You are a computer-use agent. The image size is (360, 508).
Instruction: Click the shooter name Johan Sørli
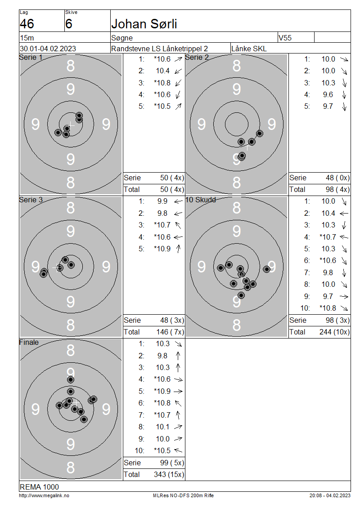(x=144, y=24)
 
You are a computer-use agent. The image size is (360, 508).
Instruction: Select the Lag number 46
(x=27, y=24)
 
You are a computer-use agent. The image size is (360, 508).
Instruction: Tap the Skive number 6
(x=69, y=24)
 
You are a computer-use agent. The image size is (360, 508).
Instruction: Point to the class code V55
(x=285, y=38)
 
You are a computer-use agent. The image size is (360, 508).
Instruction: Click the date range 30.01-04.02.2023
(x=48, y=49)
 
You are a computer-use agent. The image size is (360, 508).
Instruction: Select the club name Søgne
(x=122, y=38)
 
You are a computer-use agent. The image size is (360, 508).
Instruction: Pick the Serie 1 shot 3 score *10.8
(x=162, y=83)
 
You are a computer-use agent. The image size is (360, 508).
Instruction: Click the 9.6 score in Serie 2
(x=328, y=94)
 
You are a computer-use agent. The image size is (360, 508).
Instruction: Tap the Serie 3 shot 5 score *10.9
(x=162, y=249)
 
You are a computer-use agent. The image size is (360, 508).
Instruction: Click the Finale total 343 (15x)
(x=169, y=475)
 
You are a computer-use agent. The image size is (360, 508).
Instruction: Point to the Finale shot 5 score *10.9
(x=162, y=392)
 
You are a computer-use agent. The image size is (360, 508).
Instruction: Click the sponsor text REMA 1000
(x=39, y=487)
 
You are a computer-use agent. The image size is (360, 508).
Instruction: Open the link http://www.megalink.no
(x=44, y=496)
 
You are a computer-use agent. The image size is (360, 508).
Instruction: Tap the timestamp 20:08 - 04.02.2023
(x=330, y=496)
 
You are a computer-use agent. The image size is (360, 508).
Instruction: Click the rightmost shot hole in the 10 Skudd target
(x=266, y=269)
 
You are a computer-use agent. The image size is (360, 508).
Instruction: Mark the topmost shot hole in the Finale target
(x=70, y=380)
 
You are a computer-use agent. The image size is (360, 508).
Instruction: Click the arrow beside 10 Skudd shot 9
(x=344, y=296)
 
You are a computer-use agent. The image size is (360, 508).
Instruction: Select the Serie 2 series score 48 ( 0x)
(x=337, y=178)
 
